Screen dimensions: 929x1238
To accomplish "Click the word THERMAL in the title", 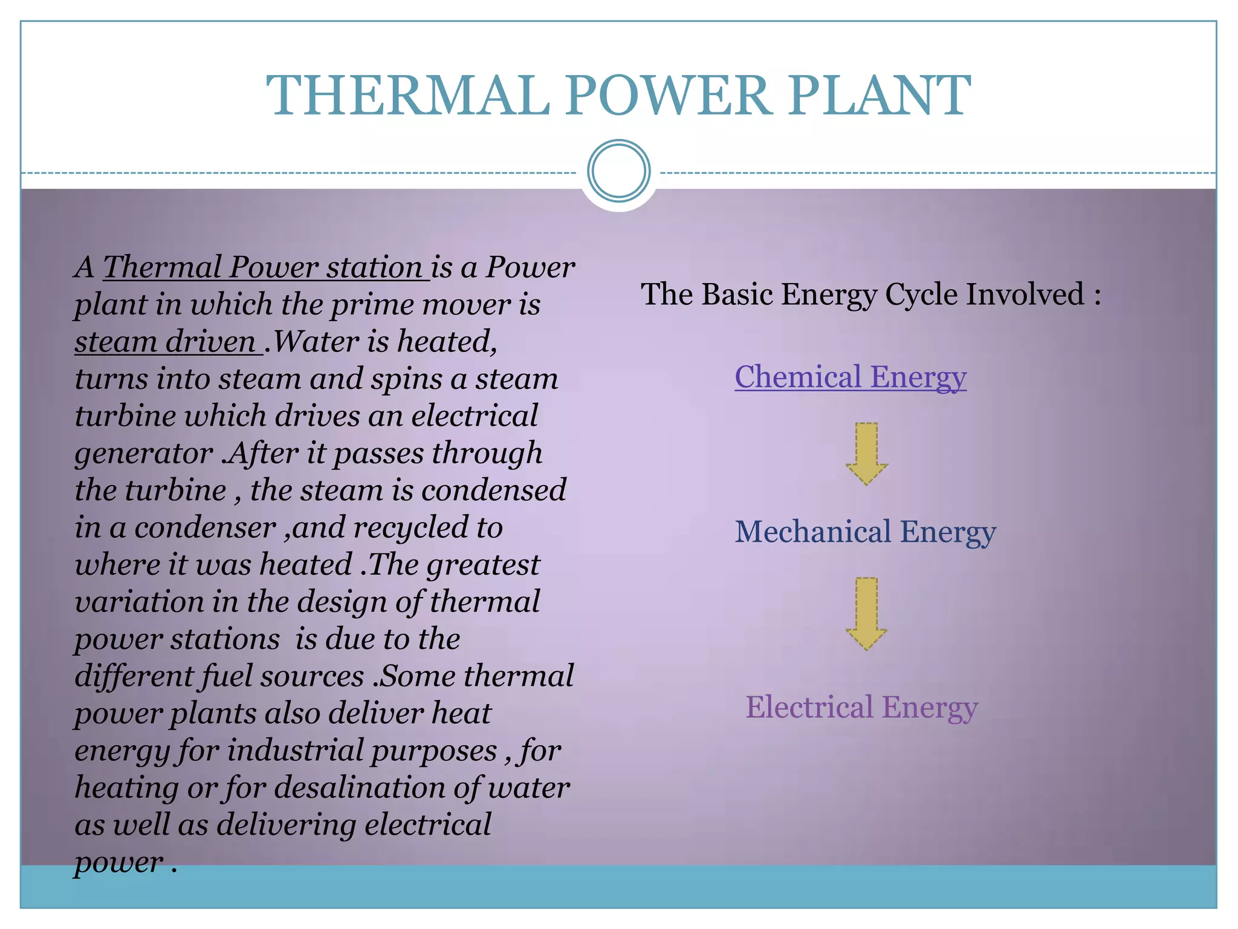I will pyautogui.click(x=408, y=96).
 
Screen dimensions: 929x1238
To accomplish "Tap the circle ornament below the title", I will pyautogui.click(x=618, y=171).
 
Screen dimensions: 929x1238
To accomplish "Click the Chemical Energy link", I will pyautogui.click(x=850, y=377).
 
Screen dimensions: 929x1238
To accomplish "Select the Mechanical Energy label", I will pyautogui.click(x=865, y=532).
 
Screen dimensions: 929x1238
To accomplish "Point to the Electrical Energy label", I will pyautogui.click(x=861, y=707).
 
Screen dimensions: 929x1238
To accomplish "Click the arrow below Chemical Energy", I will pyautogui.click(x=867, y=453).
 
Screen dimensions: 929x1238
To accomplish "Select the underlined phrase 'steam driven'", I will pyautogui.click(x=166, y=342).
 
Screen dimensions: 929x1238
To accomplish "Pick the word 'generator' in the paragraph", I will pyautogui.click(x=144, y=454).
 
